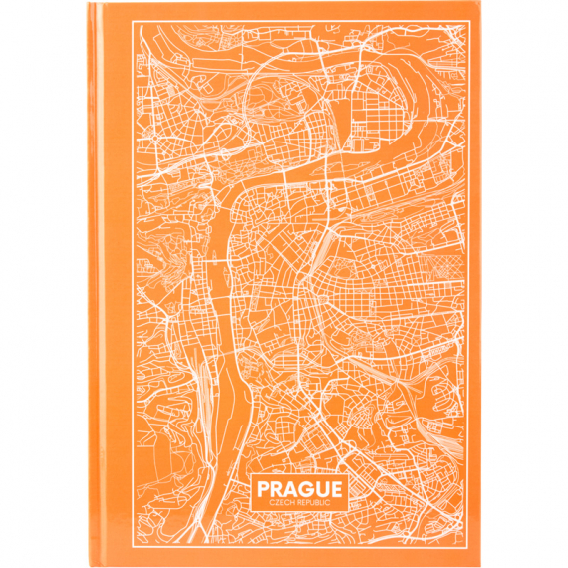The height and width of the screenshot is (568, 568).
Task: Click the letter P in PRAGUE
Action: (x=262, y=490)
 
